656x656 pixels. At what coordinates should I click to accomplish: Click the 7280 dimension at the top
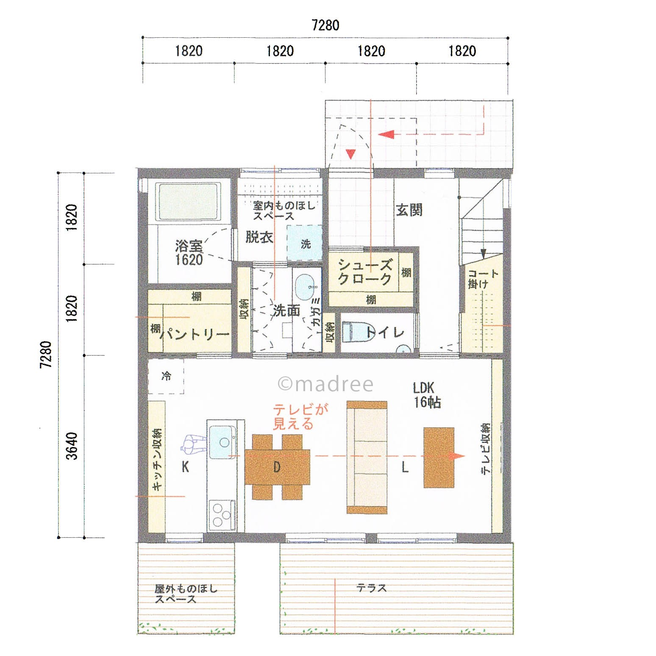(x=325, y=25)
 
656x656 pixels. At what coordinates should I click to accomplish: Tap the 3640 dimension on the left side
(x=72, y=446)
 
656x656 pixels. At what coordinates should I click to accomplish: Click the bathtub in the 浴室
(x=189, y=202)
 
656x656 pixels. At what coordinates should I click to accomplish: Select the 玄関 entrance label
(x=409, y=210)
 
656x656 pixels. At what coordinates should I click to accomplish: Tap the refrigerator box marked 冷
(x=166, y=376)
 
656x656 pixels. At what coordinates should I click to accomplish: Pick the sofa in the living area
(x=367, y=457)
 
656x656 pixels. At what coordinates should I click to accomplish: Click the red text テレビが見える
(x=300, y=417)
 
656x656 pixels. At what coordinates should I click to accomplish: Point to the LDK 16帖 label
(x=427, y=395)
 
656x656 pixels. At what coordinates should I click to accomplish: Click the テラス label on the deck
(x=371, y=588)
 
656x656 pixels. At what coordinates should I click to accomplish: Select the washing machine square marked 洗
(x=305, y=243)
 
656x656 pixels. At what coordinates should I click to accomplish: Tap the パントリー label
(x=195, y=334)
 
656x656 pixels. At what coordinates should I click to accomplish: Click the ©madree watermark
(x=325, y=384)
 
